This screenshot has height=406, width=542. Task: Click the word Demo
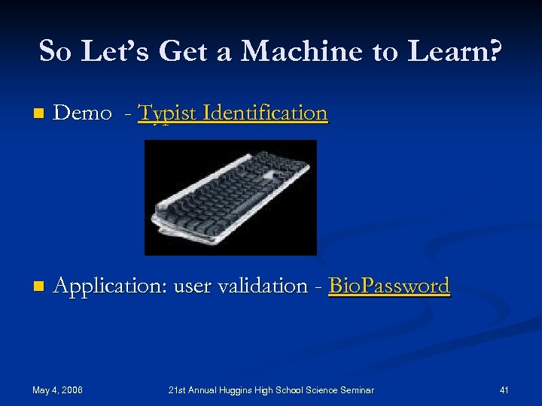(83, 113)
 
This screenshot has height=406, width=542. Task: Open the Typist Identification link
(233, 113)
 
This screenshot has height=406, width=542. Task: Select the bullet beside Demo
(38, 114)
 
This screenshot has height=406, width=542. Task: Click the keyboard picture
(230, 197)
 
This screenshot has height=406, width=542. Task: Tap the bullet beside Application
(38, 287)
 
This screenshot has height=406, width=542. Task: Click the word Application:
(111, 286)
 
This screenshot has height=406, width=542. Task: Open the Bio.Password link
(389, 286)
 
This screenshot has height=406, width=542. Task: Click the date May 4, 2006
(58, 389)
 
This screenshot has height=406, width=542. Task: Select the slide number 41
(504, 389)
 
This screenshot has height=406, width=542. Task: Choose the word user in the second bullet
(190, 286)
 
